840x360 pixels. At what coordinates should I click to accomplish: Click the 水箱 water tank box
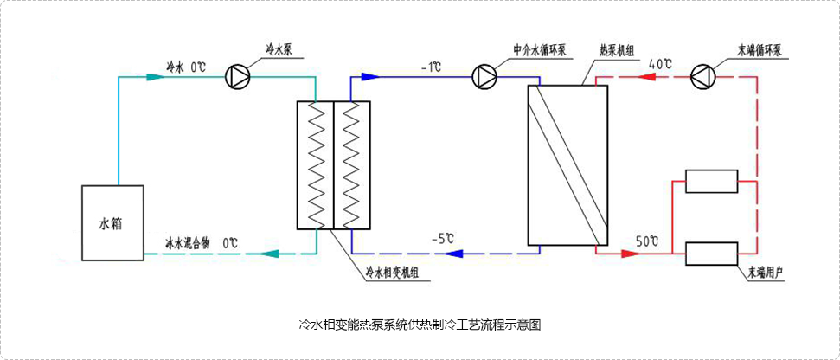[113, 222]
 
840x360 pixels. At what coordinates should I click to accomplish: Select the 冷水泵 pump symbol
[236, 76]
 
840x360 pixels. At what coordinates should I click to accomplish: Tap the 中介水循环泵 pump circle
[484, 76]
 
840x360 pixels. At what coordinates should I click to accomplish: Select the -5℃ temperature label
[442, 237]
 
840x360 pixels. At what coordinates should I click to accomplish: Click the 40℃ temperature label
[660, 64]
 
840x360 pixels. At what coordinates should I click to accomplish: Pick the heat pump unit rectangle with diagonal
[567, 164]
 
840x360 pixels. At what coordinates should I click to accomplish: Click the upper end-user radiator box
[711, 180]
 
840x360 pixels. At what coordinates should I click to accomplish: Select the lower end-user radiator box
[711, 254]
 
